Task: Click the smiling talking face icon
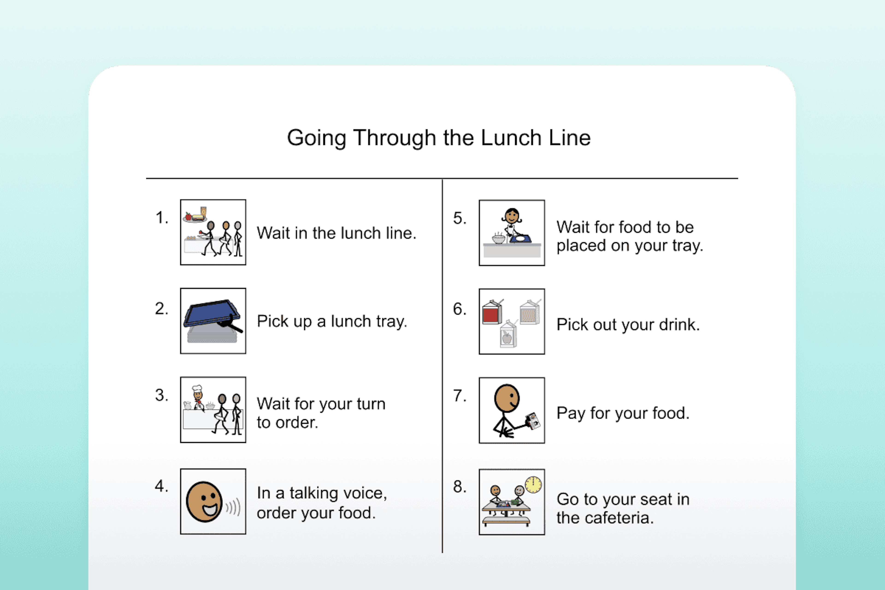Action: (205, 501)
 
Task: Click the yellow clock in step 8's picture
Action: (533, 484)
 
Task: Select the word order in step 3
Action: (297, 422)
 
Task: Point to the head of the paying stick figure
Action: (507, 398)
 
